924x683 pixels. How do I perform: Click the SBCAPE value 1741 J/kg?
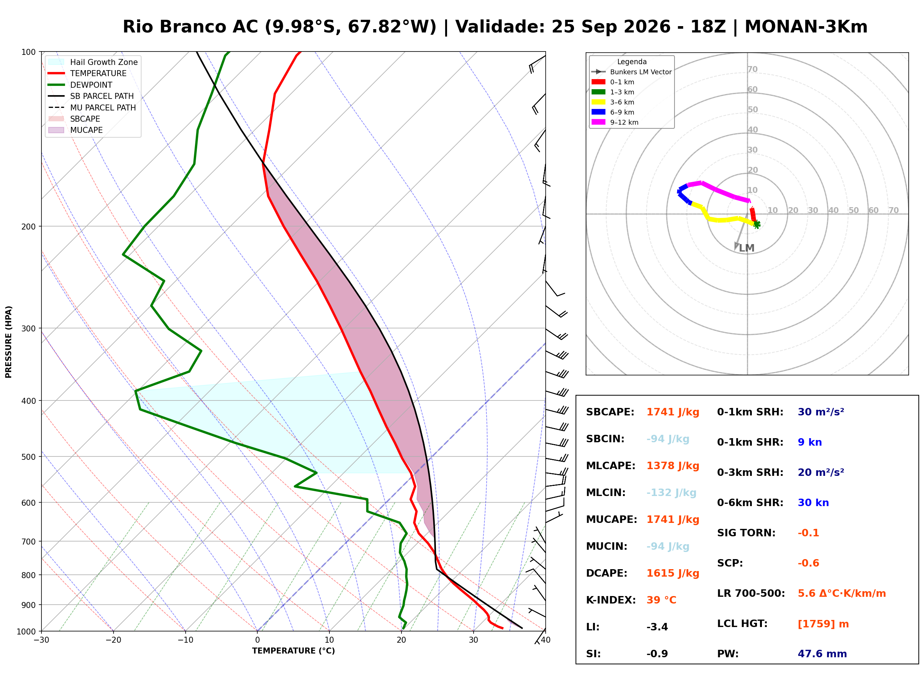tap(673, 412)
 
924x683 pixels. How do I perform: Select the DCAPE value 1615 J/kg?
tap(673, 573)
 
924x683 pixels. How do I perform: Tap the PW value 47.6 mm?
tap(822, 654)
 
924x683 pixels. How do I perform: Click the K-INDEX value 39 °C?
tap(661, 600)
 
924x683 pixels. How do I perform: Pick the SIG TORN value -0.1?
tap(808, 533)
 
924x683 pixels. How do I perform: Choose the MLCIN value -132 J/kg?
tap(671, 493)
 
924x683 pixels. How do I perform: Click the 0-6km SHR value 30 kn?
tap(813, 503)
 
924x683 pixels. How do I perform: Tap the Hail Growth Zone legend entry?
tap(93, 62)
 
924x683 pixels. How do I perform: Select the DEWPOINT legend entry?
tap(80, 85)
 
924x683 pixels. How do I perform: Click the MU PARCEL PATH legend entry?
tap(92, 107)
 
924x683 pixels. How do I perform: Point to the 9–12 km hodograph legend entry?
tap(615, 122)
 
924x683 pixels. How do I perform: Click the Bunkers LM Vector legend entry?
tap(632, 72)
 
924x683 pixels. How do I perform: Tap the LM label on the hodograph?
tap(747, 248)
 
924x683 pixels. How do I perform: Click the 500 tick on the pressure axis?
tap(28, 457)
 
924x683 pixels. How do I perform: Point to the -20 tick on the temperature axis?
tap(113, 640)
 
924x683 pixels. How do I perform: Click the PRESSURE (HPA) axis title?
tap(9, 342)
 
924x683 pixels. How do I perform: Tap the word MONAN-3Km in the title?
tap(806, 26)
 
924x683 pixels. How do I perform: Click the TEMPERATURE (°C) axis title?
tap(293, 651)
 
